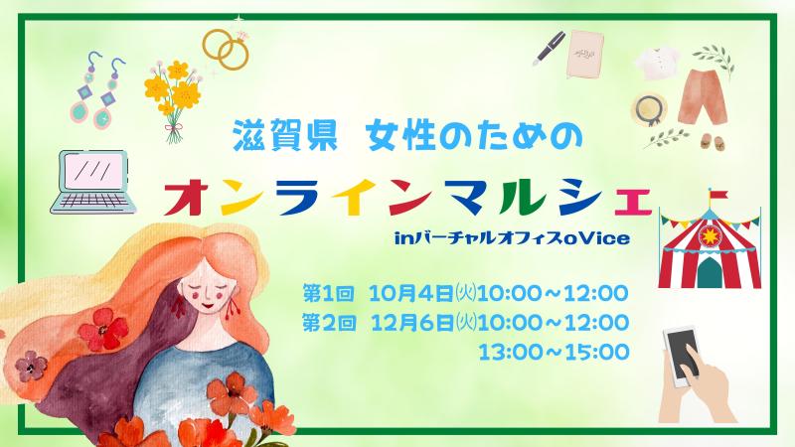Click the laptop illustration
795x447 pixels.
(x=93, y=182)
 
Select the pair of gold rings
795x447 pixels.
(x=227, y=49)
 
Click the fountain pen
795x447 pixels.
(x=549, y=49)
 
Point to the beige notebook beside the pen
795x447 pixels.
(x=584, y=55)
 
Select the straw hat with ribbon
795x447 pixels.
(x=649, y=109)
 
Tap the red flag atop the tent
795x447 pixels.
(x=716, y=195)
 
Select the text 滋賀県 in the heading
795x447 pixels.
(x=285, y=136)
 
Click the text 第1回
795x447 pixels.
(x=328, y=293)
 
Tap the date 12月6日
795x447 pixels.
(x=412, y=323)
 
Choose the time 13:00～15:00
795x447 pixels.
(x=554, y=352)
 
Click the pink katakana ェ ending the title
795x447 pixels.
(x=632, y=202)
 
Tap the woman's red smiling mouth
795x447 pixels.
(x=208, y=306)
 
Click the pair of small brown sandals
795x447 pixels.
(x=714, y=141)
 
